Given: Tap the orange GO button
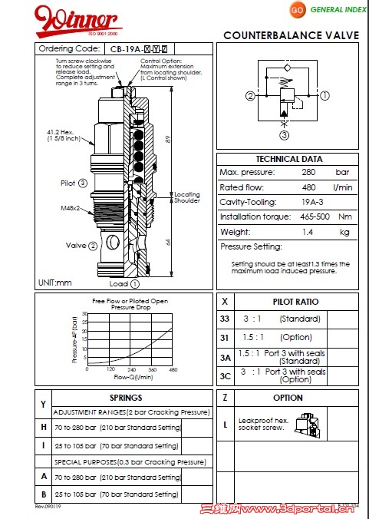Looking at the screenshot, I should [x=296, y=9].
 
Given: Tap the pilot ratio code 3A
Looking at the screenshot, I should [x=225, y=357].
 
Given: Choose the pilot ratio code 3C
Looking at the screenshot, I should [x=225, y=376].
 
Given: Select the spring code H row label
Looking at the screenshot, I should [x=44, y=427].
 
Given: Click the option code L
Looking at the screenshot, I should [x=225, y=423].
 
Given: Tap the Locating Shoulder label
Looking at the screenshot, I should [x=187, y=198].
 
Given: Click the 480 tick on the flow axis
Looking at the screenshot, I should [x=173, y=369].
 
